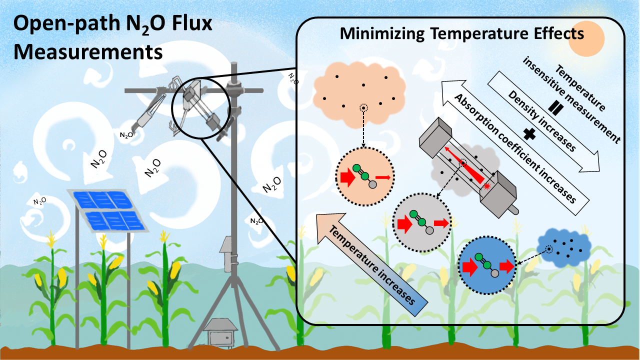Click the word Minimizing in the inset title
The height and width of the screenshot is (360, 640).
379,34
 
